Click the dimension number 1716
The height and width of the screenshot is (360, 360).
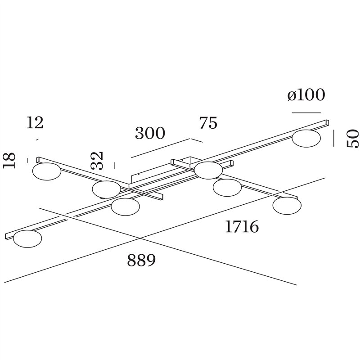(x=242, y=226)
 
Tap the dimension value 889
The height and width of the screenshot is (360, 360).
(x=141, y=260)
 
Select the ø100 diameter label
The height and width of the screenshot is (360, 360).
(x=306, y=94)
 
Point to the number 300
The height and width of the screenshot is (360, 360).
(x=150, y=133)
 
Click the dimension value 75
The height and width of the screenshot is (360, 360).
(x=208, y=123)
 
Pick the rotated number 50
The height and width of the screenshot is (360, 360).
(x=352, y=139)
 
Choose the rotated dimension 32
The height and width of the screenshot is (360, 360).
(x=97, y=161)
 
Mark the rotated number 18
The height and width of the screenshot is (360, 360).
(x=9, y=160)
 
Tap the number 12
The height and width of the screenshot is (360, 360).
(x=35, y=122)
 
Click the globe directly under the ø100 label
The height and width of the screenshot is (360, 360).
(x=306, y=138)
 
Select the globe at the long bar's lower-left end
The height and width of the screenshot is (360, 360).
(x=27, y=239)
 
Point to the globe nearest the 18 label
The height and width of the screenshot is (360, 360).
(x=47, y=171)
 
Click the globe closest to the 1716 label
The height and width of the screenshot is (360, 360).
(x=287, y=206)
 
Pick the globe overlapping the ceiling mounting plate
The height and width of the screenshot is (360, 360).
(x=208, y=170)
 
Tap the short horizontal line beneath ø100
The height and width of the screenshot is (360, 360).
(x=306, y=113)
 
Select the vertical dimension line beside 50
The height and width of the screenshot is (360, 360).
(x=333, y=138)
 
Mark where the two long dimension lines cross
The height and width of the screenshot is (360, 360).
(x=140, y=238)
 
